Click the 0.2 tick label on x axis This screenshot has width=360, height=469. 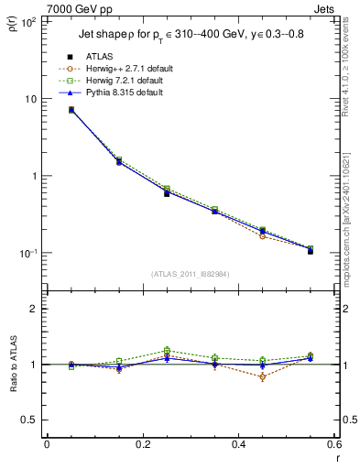click(141, 444)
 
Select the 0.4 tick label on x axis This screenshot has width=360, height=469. click(237, 444)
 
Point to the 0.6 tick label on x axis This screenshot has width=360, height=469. click(332, 444)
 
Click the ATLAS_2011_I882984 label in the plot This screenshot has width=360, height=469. click(191, 274)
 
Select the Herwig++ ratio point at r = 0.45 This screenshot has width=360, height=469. click(262, 376)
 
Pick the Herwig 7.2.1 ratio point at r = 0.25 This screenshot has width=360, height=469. click(167, 350)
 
